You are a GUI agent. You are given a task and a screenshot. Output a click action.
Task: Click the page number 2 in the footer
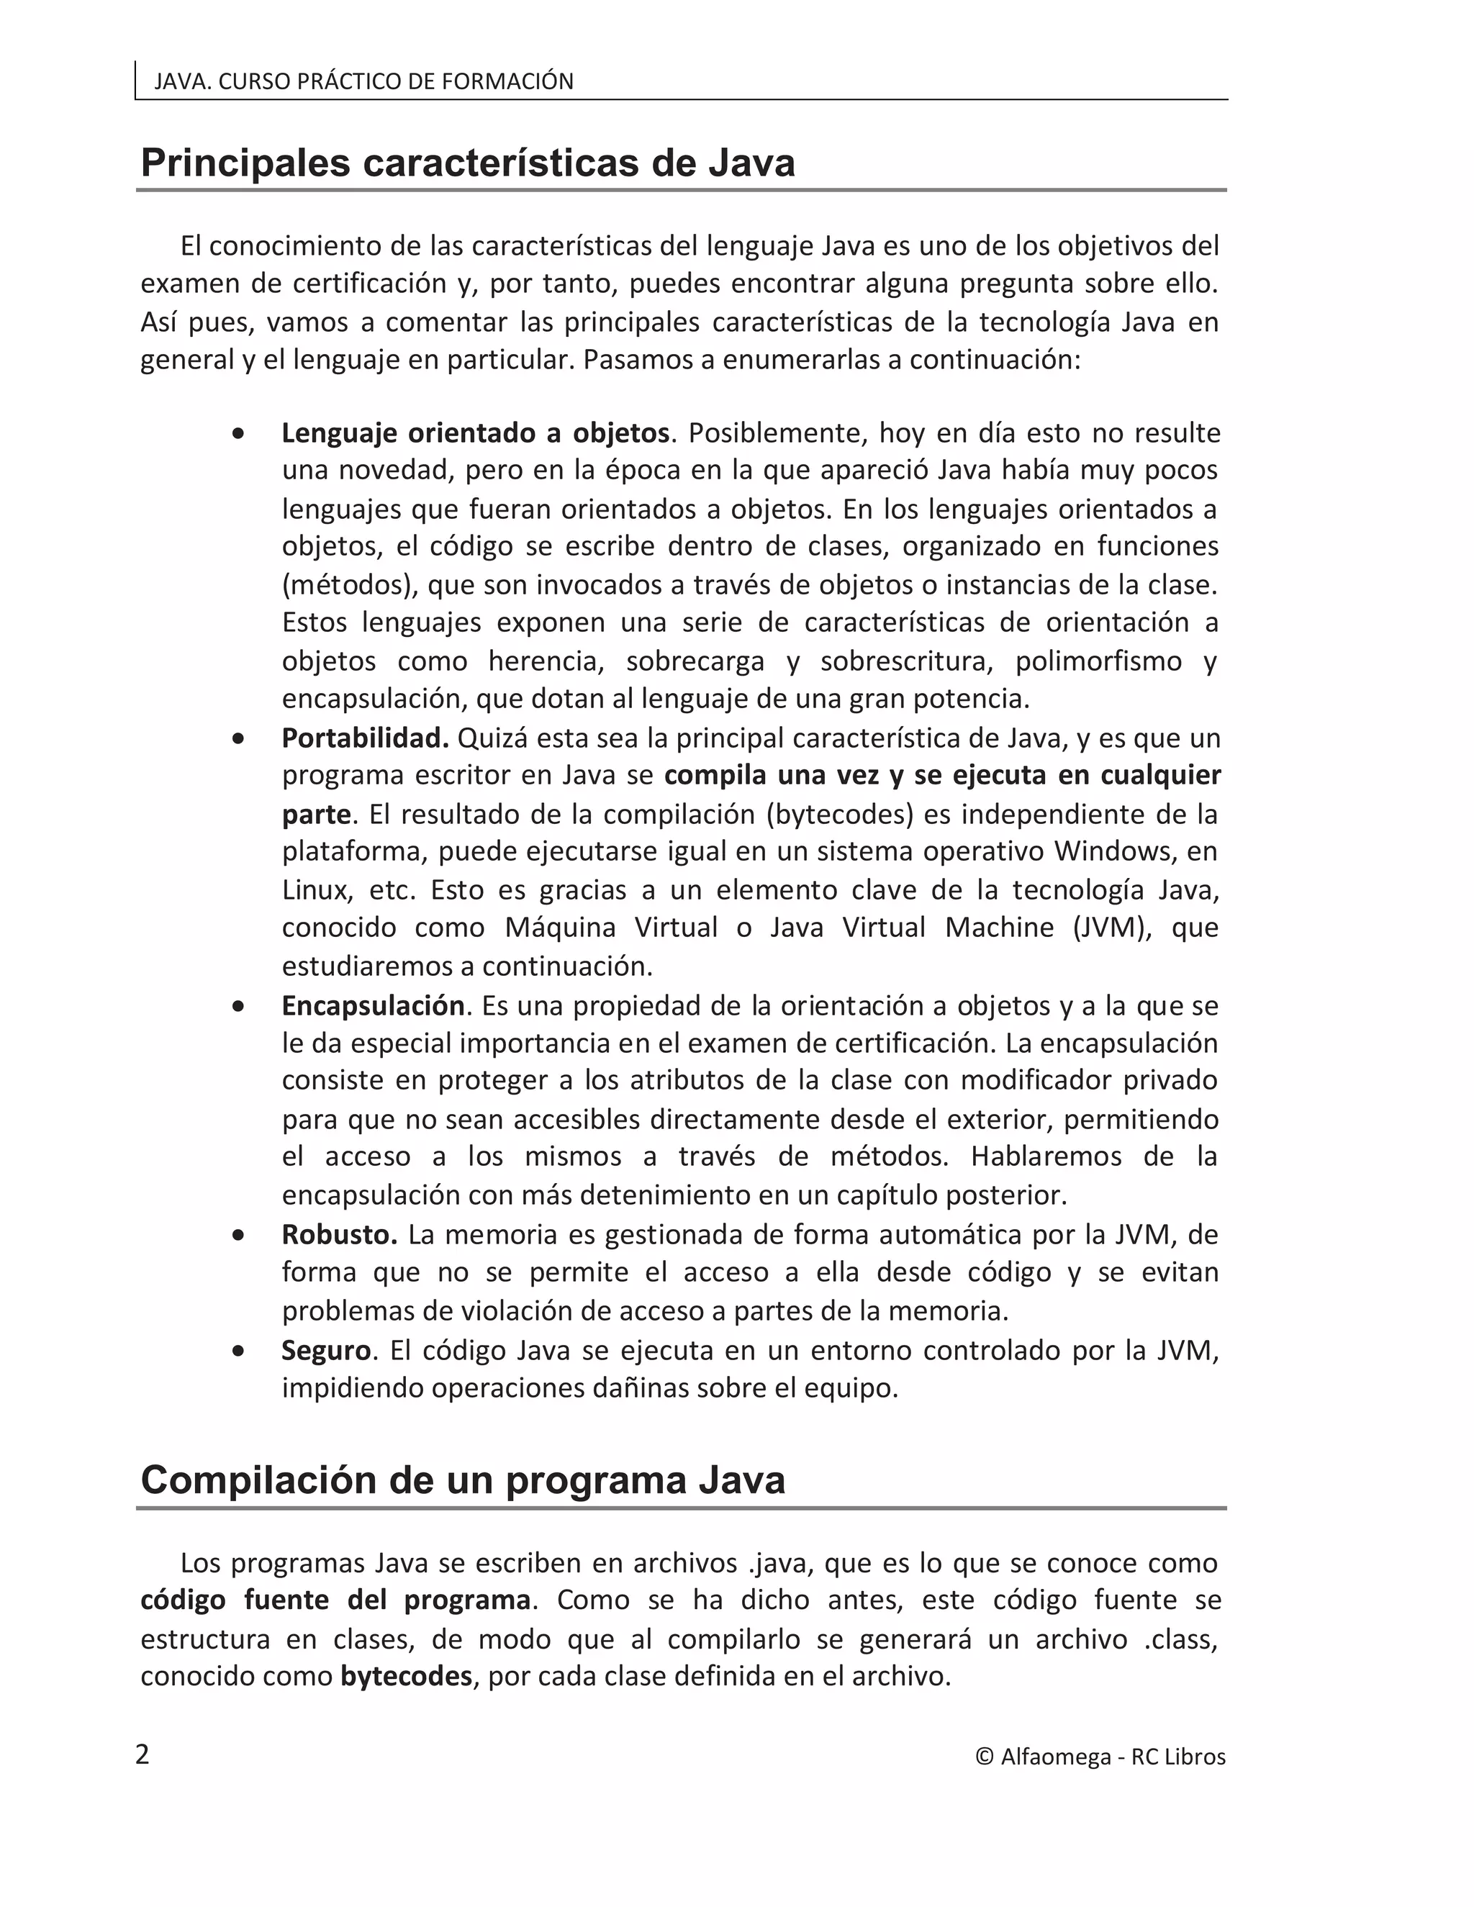click(x=143, y=1755)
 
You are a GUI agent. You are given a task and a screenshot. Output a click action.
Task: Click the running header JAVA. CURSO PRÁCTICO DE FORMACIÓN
click(x=363, y=81)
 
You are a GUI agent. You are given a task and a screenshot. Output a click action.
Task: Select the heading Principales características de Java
click(x=467, y=163)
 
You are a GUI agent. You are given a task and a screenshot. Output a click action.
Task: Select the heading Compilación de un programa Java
click(x=463, y=1480)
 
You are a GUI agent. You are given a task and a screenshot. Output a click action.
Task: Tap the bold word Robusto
click(x=339, y=1235)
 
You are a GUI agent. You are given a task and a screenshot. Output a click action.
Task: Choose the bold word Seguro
click(x=327, y=1350)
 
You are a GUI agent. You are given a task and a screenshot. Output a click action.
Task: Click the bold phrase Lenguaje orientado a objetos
click(x=475, y=432)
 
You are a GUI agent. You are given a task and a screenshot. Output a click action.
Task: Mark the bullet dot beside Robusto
click(x=238, y=1236)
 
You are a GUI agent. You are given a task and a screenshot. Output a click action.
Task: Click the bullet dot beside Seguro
click(x=238, y=1351)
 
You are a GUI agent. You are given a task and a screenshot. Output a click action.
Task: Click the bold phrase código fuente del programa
click(x=335, y=1600)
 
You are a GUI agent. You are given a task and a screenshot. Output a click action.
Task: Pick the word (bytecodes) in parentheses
click(x=839, y=814)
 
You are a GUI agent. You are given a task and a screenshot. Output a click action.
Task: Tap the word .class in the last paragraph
click(x=1180, y=1639)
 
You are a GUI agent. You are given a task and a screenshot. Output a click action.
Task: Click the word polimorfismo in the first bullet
click(x=1098, y=661)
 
